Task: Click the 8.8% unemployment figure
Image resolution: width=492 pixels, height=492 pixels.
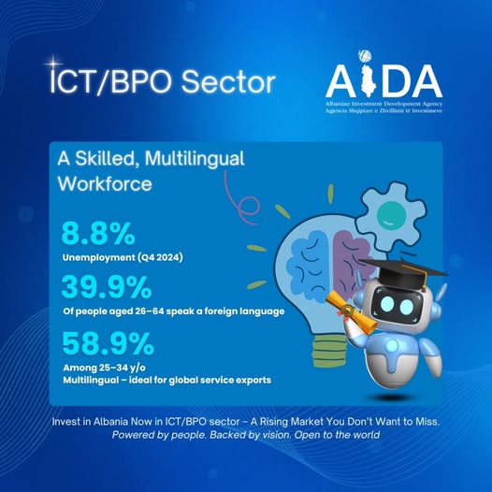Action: [x=98, y=234]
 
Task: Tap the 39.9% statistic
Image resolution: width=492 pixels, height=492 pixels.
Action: [x=107, y=287]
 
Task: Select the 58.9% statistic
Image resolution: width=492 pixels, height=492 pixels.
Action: [x=108, y=343]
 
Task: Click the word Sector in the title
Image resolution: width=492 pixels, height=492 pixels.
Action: [x=228, y=81]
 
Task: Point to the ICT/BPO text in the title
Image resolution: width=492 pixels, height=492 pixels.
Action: [x=111, y=81]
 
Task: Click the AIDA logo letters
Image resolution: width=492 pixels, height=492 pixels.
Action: [x=384, y=82]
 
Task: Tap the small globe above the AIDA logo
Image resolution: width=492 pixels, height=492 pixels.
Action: [x=365, y=56]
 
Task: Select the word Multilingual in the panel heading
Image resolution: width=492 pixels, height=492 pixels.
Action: [x=195, y=159]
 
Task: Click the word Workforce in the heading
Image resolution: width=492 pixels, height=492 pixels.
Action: [x=105, y=183]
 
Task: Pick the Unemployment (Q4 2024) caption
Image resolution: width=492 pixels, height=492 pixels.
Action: [x=123, y=257]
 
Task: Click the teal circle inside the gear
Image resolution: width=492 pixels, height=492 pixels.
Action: [x=391, y=215]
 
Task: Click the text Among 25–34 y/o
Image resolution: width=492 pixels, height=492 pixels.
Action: [x=105, y=368]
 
